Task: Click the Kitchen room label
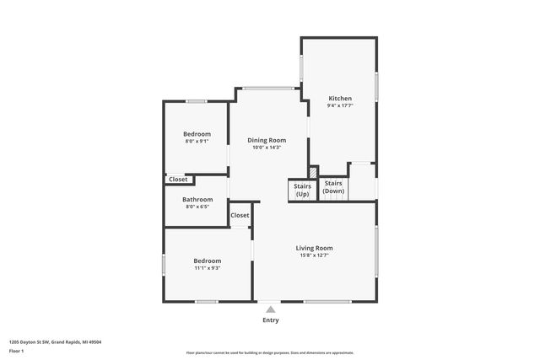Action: (x=340, y=99)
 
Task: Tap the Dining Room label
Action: (x=266, y=140)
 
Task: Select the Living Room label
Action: (x=314, y=248)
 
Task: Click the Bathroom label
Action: (x=197, y=200)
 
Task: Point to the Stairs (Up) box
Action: (x=302, y=190)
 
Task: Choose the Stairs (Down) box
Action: (x=333, y=187)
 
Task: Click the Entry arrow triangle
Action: (x=270, y=309)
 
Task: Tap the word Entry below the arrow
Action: (x=270, y=320)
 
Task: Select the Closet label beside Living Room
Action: (x=240, y=215)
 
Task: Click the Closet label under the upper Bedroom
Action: (x=179, y=179)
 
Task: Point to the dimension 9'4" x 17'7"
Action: (x=340, y=106)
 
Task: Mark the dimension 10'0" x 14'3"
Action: (x=266, y=148)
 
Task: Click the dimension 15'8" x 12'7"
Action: (x=314, y=255)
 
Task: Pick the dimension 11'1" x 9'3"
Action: (x=207, y=268)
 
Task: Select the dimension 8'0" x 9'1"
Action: (x=197, y=141)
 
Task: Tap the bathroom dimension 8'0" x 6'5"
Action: (x=197, y=207)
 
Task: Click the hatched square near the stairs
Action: (x=313, y=172)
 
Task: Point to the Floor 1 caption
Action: (x=17, y=350)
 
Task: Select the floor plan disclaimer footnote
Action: (x=270, y=353)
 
